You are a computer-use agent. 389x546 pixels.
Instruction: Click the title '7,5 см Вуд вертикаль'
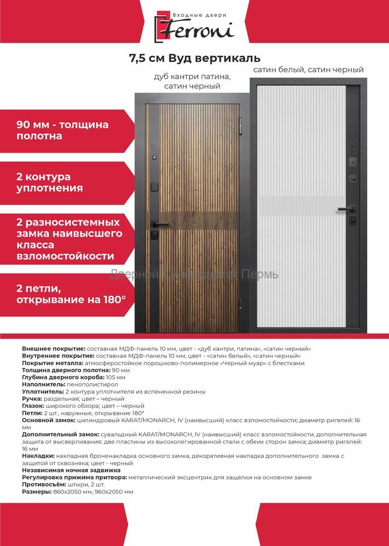194,58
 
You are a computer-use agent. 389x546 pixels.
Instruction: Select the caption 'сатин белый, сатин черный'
308,70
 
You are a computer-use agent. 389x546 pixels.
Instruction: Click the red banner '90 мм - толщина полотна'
63,130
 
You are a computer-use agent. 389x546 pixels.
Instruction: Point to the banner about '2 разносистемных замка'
68,239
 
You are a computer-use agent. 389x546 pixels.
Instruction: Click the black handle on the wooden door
158,224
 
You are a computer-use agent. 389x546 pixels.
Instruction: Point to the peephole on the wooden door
155,158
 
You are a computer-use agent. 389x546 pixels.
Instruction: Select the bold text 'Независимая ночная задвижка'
72,470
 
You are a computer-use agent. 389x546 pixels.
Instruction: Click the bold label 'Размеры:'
36,491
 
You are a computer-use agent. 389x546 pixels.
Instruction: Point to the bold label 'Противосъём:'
44,484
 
